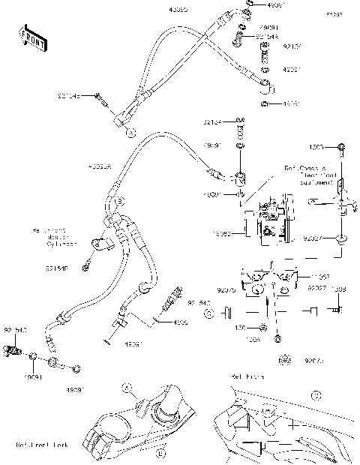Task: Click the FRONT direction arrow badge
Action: point(31,37)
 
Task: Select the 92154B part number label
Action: point(68,95)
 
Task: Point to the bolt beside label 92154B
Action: point(100,95)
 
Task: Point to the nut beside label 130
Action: point(266,328)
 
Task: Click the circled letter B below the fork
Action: point(160,453)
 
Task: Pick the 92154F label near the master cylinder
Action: point(56,267)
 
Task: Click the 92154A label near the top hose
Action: point(266,35)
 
